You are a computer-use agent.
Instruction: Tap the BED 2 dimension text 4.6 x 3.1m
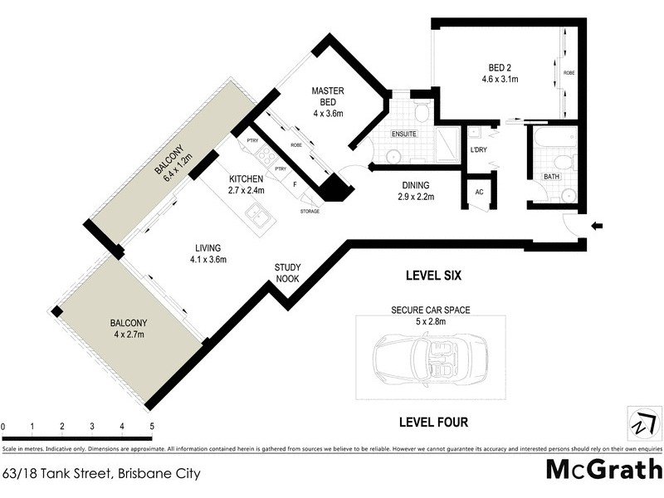[x=500, y=81]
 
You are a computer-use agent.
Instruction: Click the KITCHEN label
[x=247, y=179]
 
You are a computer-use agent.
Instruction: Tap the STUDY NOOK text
[x=287, y=273]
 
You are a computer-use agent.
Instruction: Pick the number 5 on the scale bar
[x=152, y=427]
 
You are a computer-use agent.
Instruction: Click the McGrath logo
[x=603, y=469]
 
